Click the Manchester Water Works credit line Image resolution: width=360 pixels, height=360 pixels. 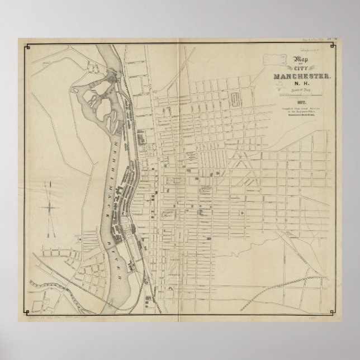coord(302,114)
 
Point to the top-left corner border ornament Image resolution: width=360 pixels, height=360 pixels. coord(25,46)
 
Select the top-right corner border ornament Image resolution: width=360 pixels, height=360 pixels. coord(334,46)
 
